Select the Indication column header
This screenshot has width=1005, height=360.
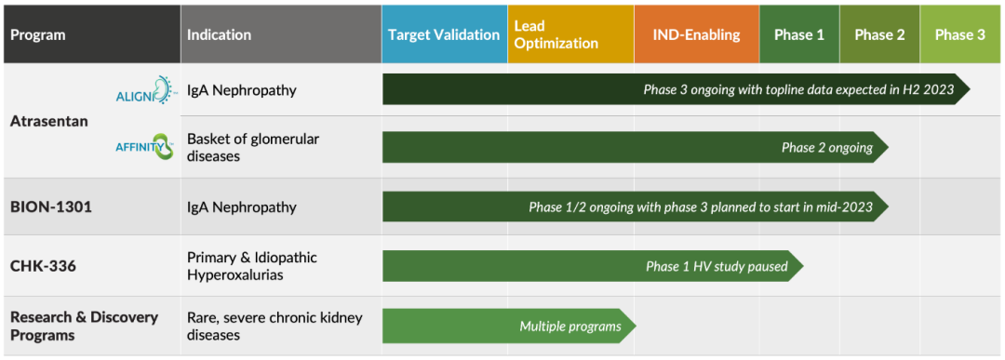(281, 33)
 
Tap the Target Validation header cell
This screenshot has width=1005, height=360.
(444, 33)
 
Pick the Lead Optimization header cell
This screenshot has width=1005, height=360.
(570, 33)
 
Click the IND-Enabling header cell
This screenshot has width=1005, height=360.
(697, 33)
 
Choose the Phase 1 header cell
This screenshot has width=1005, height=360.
(799, 33)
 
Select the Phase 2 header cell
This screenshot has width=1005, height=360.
(879, 33)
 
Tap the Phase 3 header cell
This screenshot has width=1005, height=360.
(960, 33)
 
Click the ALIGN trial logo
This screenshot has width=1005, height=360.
(145, 89)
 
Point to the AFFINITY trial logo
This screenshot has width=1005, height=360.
(145, 146)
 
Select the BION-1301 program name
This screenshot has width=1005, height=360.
(50, 207)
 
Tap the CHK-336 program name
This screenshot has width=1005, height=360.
(43, 265)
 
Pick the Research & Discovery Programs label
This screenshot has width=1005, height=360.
(84, 326)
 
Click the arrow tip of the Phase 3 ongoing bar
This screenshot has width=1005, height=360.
(971, 89)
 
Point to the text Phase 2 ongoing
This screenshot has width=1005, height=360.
(827, 148)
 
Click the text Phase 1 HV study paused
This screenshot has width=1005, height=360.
(717, 266)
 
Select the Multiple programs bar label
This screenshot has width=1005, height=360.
(570, 327)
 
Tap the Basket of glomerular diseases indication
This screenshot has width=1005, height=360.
(253, 147)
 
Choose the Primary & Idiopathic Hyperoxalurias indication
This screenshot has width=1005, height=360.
(252, 266)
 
